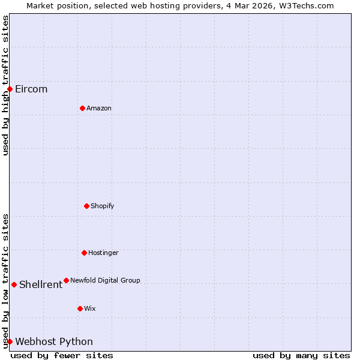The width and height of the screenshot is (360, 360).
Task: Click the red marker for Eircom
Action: (10, 89)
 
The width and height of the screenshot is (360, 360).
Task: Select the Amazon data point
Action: (82, 108)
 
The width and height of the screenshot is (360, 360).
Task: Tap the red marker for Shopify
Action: (86, 206)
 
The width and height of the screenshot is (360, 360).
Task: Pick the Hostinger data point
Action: (84, 253)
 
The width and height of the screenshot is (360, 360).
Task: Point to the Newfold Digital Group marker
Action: (66, 280)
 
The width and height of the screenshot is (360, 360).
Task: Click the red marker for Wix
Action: (80, 308)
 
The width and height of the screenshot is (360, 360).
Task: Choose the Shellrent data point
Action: (14, 284)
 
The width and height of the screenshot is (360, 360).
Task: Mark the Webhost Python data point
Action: (10, 341)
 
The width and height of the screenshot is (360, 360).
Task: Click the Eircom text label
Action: (31, 89)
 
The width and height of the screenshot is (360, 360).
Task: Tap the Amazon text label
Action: (99, 108)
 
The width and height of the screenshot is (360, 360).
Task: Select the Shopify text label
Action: (102, 206)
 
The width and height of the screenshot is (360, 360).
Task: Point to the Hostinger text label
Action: (103, 253)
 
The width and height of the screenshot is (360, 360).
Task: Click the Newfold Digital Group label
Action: (105, 280)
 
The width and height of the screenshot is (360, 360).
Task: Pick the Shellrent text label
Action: (41, 284)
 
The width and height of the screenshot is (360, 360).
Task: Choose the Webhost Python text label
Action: (54, 341)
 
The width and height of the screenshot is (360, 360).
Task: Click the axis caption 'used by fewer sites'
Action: (62, 355)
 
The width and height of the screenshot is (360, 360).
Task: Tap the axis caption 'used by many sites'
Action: (301, 355)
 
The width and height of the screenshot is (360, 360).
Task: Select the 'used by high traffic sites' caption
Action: (5, 85)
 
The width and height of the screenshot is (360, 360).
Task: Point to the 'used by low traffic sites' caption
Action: (5, 281)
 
